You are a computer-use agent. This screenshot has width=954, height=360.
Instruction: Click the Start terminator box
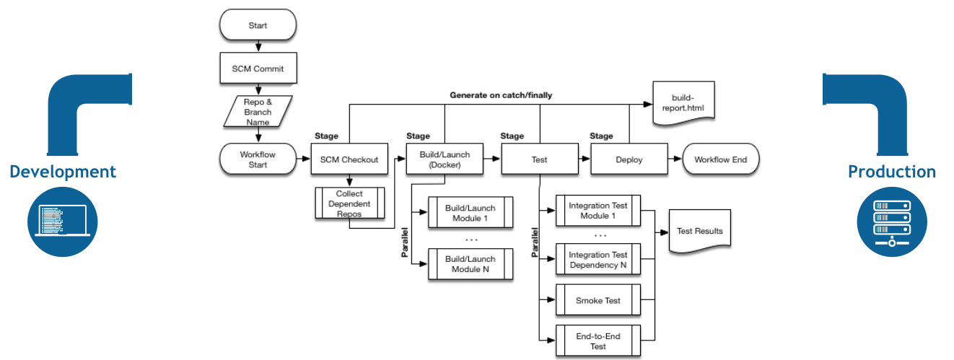258,25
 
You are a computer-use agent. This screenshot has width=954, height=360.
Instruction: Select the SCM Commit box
258,69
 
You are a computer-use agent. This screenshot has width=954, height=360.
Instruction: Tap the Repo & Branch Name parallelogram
258,112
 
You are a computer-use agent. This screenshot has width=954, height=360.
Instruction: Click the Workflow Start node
258,159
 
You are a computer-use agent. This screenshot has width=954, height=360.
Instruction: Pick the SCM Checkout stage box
349,159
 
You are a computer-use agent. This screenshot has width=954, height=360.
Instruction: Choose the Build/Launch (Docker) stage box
445,159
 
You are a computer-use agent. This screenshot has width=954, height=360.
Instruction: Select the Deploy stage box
628,159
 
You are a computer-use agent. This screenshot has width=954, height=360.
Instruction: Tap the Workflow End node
720,159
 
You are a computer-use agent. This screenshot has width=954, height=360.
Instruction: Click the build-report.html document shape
683,103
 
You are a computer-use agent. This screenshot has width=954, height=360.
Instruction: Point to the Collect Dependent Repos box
349,204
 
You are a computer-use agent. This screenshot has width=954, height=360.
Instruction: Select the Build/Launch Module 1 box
471,213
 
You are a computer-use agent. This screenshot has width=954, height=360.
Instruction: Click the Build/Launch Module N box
471,264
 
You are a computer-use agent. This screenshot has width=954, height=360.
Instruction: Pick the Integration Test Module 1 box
598,211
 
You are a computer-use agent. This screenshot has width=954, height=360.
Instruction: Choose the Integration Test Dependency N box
598,260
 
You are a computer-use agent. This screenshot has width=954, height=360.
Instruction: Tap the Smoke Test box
598,300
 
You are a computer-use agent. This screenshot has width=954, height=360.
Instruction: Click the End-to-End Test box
598,341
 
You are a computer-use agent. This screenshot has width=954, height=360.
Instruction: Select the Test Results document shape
700,231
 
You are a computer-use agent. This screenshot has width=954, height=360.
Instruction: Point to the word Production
892,172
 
